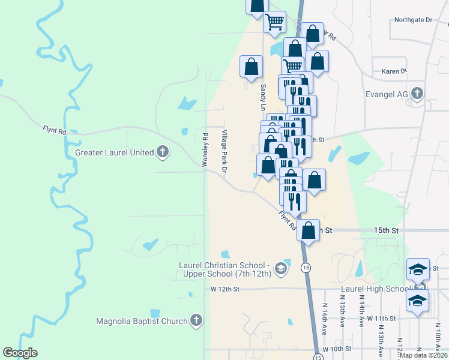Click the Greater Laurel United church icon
point(162,152)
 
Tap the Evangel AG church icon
point(418,94)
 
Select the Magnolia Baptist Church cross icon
point(196,321)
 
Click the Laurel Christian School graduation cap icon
point(280,269)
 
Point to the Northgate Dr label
point(413,20)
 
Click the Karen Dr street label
point(394,71)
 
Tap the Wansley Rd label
point(205,148)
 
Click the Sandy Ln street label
point(263,96)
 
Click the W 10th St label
point(336,349)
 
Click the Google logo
point(20,353)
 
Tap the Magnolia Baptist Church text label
point(142,321)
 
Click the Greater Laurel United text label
point(115,152)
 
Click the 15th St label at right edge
point(387,230)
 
